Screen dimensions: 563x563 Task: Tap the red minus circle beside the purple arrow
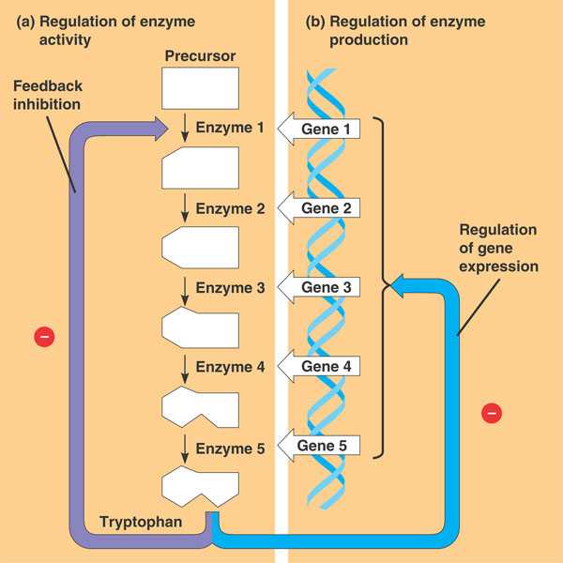(x=42, y=335)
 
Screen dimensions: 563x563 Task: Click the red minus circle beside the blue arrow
(x=492, y=411)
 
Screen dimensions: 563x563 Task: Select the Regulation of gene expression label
(x=498, y=249)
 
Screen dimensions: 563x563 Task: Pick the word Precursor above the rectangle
(x=201, y=56)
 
